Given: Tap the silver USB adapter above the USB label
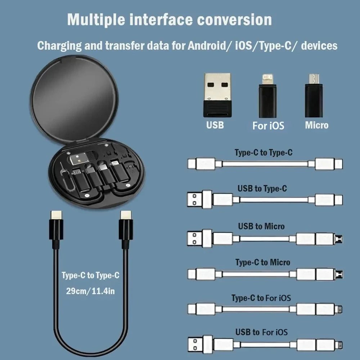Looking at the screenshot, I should tap(217, 94).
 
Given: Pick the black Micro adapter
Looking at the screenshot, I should tap(314, 95).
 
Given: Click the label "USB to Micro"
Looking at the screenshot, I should tap(261, 226).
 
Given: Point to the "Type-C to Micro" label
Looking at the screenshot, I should tap(262, 262).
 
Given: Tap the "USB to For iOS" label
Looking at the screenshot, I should tap(261, 332).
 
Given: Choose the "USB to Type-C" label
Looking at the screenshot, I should tap(262, 188).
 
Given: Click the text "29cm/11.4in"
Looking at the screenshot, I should tap(90, 291).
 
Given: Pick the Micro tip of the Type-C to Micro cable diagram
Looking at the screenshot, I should tap(339, 274).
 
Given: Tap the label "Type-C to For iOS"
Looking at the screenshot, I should tap(261, 298).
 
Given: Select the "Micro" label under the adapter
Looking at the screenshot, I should tap(317, 125).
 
